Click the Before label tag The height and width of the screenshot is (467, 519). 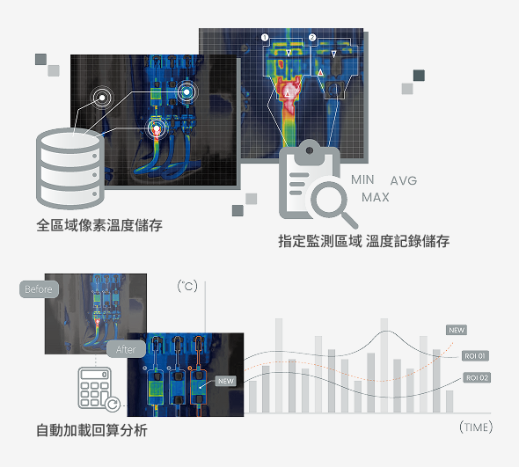click(x=39, y=289)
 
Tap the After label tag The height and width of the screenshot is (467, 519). click(x=126, y=349)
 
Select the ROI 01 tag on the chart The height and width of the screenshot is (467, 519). click(x=475, y=356)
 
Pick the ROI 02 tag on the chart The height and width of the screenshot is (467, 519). click(x=477, y=377)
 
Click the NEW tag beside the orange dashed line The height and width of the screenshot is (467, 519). click(x=457, y=330)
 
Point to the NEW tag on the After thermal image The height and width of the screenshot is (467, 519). click(x=226, y=381)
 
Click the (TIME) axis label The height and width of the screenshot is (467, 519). click(x=476, y=427)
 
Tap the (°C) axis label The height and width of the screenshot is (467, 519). click(x=187, y=286)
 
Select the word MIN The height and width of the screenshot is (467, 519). click(x=362, y=179)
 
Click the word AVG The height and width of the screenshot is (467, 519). click(x=404, y=180)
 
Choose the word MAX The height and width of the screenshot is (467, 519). click(x=376, y=197)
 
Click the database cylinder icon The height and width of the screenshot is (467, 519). click(x=70, y=169)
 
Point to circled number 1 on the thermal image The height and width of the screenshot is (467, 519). click(x=265, y=38)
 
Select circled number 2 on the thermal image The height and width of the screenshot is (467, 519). click(x=312, y=38)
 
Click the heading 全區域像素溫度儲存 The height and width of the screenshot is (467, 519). click(x=99, y=225)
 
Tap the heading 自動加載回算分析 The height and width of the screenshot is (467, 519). click(x=91, y=430)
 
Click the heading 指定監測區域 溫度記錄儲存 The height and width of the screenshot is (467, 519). click(x=364, y=241)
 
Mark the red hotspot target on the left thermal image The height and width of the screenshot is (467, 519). click(x=157, y=128)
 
